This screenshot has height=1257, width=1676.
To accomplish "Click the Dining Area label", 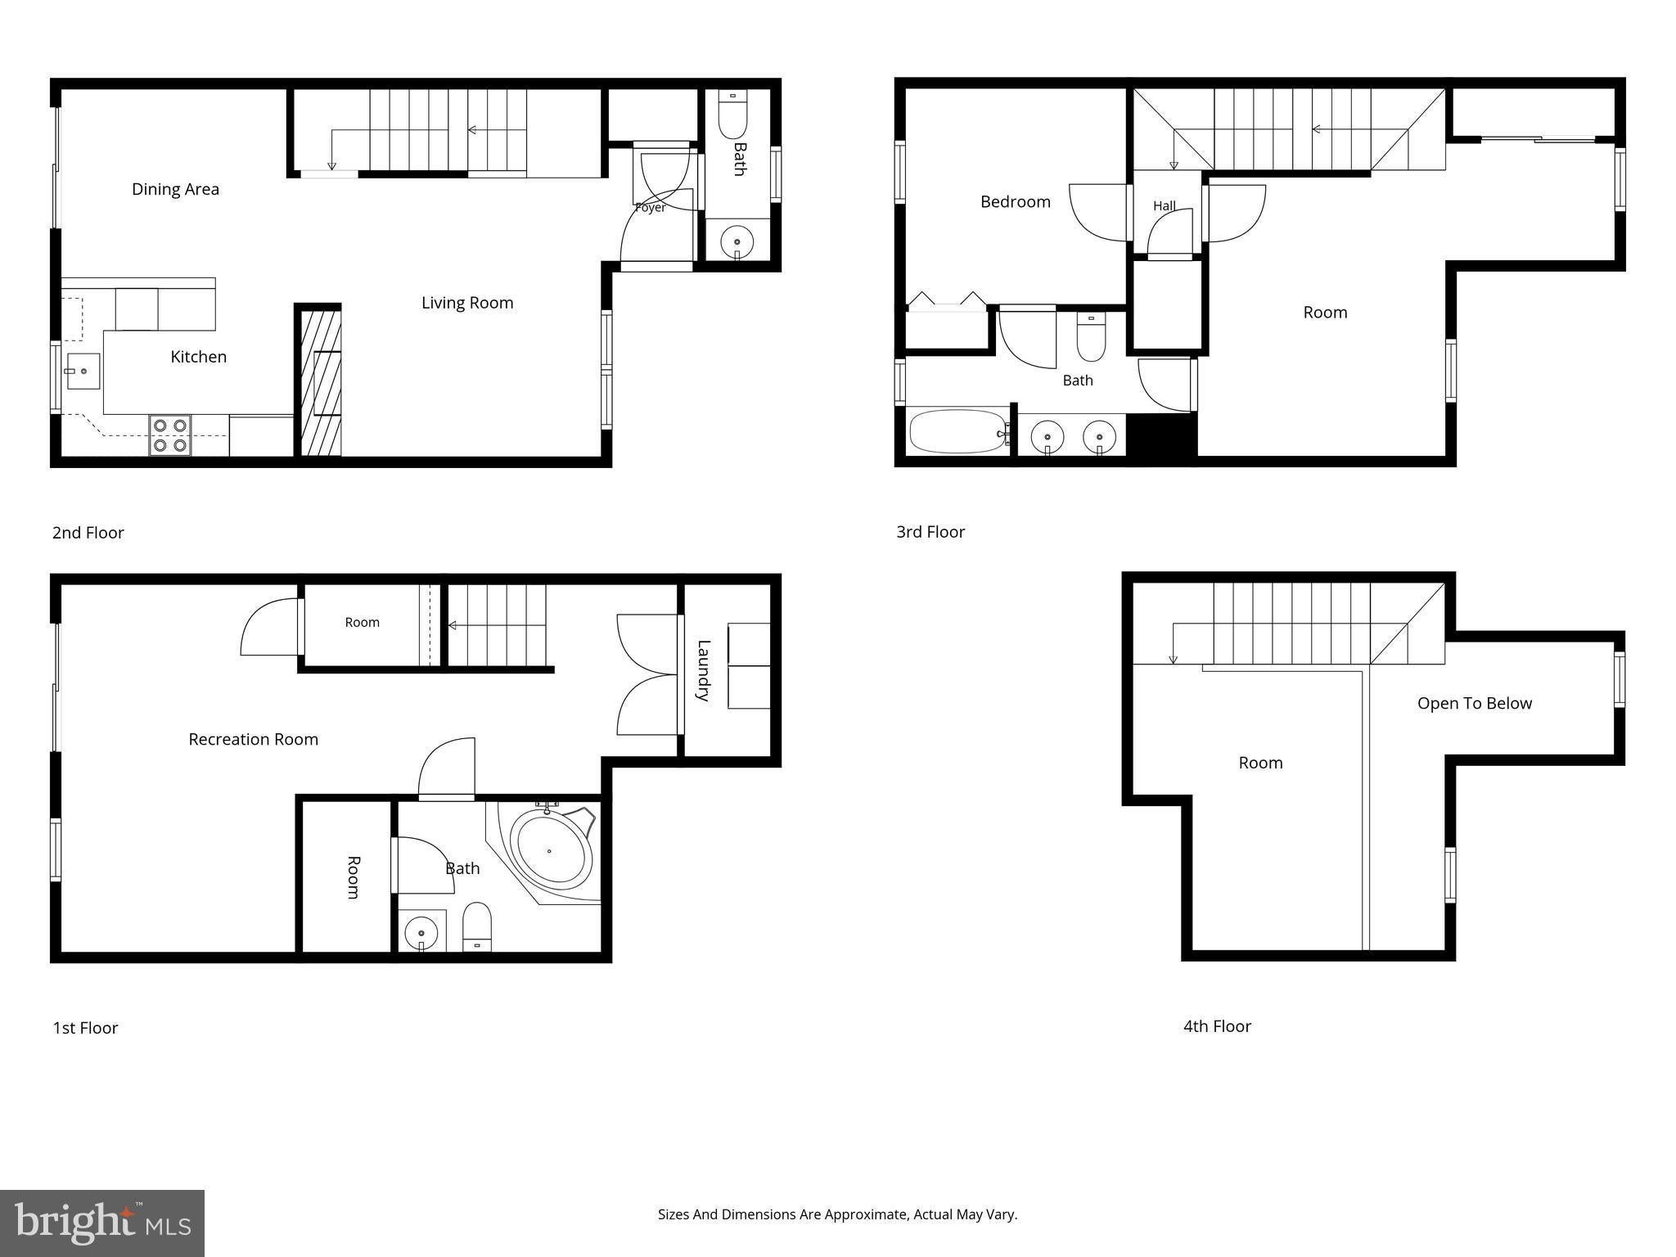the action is pyautogui.click(x=175, y=189).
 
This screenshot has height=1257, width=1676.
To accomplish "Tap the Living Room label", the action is pyautogui.click(x=467, y=303).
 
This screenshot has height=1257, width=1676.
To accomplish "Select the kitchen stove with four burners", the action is pyautogui.click(x=169, y=435).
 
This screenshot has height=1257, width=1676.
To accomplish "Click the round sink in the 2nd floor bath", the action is pyautogui.click(x=737, y=242).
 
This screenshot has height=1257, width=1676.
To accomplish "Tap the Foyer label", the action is pyautogui.click(x=651, y=208).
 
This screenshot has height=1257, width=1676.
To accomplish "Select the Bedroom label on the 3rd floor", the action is pyautogui.click(x=1016, y=201).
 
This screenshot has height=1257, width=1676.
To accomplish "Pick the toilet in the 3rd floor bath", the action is pyautogui.click(x=1091, y=337).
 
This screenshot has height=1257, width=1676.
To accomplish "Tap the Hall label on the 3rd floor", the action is pyautogui.click(x=1165, y=205).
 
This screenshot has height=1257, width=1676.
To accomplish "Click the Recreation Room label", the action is pyautogui.click(x=254, y=739).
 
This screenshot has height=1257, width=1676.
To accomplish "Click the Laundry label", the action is pyautogui.click(x=703, y=670).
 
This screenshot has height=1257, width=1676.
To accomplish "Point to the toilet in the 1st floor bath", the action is pyautogui.click(x=477, y=927).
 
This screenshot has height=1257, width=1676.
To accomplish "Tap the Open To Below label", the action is pyautogui.click(x=1475, y=703).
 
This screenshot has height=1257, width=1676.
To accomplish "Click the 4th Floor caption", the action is pyautogui.click(x=1217, y=1026).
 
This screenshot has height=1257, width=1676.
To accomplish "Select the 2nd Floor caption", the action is pyautogui.click(x=88, y=533).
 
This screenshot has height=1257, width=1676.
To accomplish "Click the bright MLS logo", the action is pyautogui.click(x=102, y=1223).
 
